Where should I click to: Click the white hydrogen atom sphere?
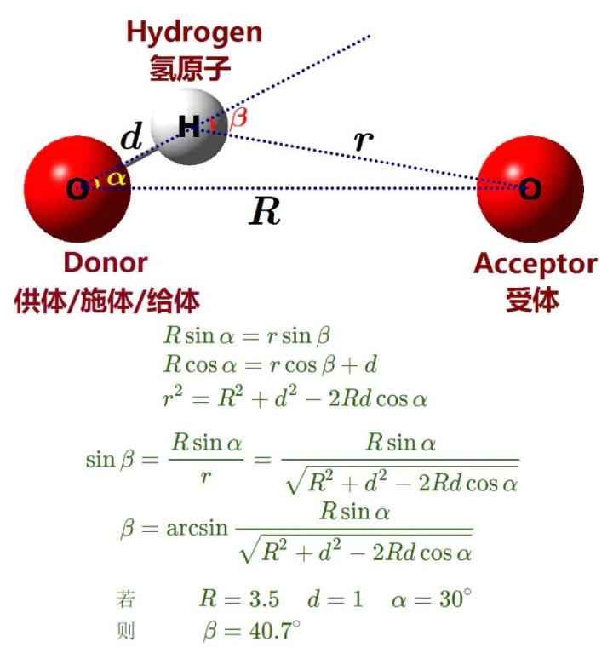pyautogui.click(x=190, y=127)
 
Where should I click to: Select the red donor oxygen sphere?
pyautogui.click(x=77, y=189)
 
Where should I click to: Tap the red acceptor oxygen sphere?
pyautogui.click(x=530, y=189)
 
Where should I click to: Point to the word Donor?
pyautogui.click(x=106, y=263)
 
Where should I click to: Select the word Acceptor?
pyautogui.click(x=536, y=266)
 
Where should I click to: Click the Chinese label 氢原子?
pyautogui.click(x=190, y=68)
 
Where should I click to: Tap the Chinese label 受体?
pyautogui.click(x=532, y=300)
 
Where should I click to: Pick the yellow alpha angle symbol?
pyautogui.click(x=116, y=179)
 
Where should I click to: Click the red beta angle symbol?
pyautogui.click(x=238, y=117)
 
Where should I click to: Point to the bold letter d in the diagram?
pyautogui.click(x=132, y=136)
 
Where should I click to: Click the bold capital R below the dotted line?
pyautogui.click(x=265, y=211)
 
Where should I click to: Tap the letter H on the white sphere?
pyautogui.click(x=189, y=126)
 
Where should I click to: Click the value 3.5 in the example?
pyautogui.click(x=264, y=599)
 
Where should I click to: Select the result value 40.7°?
pyautogui.click(x=275, y=630)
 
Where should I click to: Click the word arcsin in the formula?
pyautogui.click(x=197, y=529)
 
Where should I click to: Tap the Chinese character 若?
pyautogui.click(x=126, y=599)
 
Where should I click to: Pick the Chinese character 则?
pyautogui.click(x=126, y=631)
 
